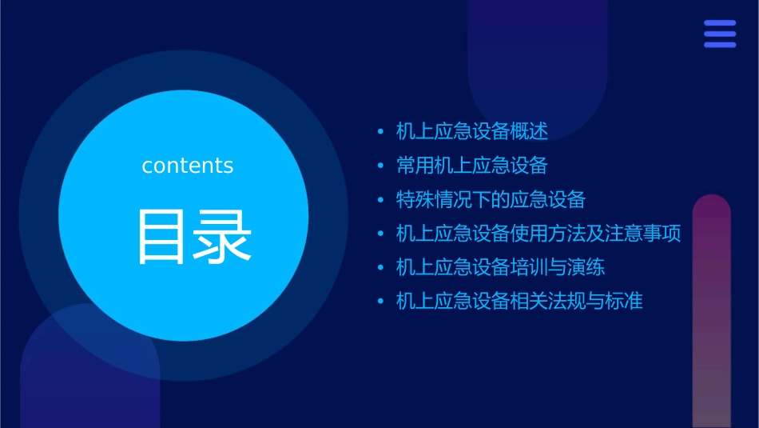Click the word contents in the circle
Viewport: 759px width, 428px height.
188,166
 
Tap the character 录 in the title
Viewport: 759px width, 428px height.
219,237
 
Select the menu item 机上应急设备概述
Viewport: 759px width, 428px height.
472,131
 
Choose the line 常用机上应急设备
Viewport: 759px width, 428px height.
472,166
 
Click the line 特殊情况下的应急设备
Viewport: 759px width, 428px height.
491,199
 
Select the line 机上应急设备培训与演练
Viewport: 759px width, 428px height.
501,267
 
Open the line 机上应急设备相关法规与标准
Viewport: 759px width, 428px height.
519,302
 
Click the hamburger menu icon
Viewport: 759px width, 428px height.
720,34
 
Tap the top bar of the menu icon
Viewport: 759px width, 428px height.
720,24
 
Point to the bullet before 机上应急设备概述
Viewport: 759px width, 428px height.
380,132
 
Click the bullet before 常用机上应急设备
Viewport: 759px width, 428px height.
380,166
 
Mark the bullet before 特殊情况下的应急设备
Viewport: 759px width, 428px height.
380,200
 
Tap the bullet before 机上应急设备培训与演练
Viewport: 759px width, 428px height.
380,268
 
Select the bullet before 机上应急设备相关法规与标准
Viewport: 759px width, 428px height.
380,302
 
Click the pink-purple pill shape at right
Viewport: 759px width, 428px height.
711,312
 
